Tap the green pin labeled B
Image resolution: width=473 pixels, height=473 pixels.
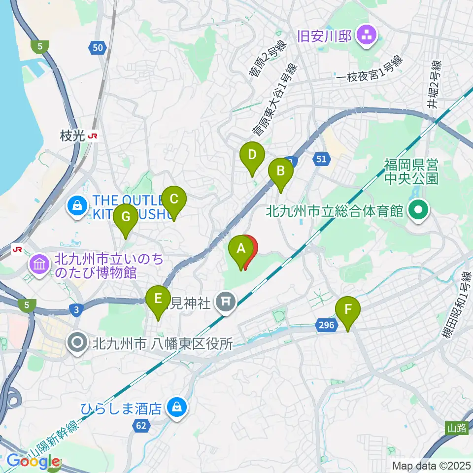(x=280, y=172)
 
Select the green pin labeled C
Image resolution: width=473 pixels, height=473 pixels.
(x=173, y=200)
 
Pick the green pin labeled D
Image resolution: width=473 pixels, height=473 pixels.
(x=252, y=156)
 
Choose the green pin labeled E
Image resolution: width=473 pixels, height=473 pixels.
(x=158, y=300)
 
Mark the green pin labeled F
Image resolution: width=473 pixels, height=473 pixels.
(x=348, y=310)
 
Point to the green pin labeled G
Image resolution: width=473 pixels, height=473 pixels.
(x=126, y=217)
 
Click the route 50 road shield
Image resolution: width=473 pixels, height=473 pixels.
(x=98, y=47)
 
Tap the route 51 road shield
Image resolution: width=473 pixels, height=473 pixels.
(x=321, y=159)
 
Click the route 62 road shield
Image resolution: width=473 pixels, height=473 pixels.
(x=141, y=425)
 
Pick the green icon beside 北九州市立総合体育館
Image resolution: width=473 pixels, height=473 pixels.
(x=418, y=212)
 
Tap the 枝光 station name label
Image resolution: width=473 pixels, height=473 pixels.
(x=72, y=136)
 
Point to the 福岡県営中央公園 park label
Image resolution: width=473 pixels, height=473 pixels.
(x=412, y=170)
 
